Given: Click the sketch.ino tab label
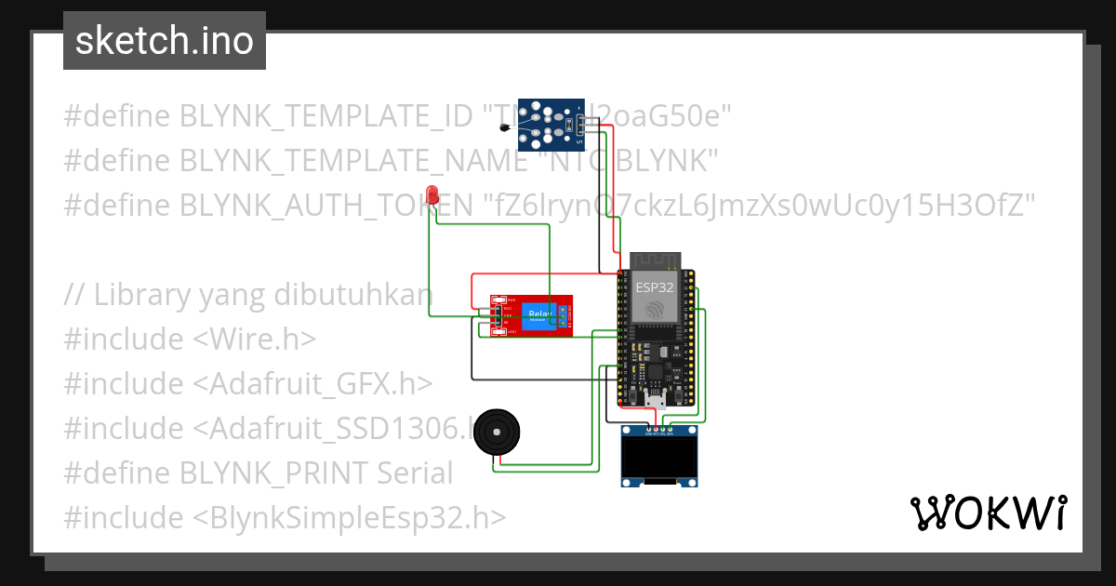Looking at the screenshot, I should [x=164, y=41].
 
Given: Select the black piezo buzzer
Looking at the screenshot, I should [x=496, y=433].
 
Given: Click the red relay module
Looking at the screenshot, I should [x=531, y=315].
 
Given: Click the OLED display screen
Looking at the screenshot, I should [x=659, y=457].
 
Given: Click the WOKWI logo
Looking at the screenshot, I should [x=988, y=513].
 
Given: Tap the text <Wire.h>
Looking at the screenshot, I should [x=254, y=340].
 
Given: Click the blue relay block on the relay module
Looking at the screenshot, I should [x=538, y=315].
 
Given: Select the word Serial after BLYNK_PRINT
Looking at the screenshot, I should [x=415, y=473].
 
